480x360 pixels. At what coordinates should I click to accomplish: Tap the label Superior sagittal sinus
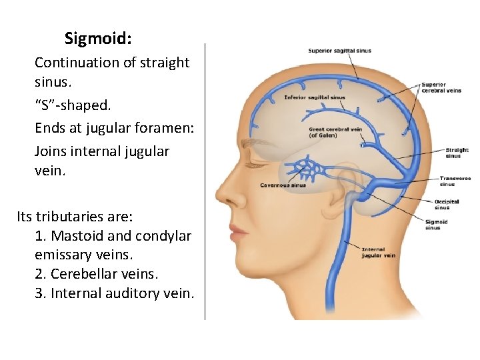pos(339,51)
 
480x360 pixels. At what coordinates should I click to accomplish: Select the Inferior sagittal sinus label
pos(315,97)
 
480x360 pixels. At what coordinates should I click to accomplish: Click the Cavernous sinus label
pos(283,185)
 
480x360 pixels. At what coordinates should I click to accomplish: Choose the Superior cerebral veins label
pos(441,87)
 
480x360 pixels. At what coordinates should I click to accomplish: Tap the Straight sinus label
pos(457,153)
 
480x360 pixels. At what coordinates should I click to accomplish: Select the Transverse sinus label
pos(455,181)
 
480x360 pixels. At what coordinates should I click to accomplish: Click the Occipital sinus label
pos(447,204)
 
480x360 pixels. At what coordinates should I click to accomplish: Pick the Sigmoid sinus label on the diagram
pos(436,225)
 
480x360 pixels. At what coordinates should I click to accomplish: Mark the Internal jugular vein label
pos(378,252)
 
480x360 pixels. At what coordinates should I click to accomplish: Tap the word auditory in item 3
pos(132,293)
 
